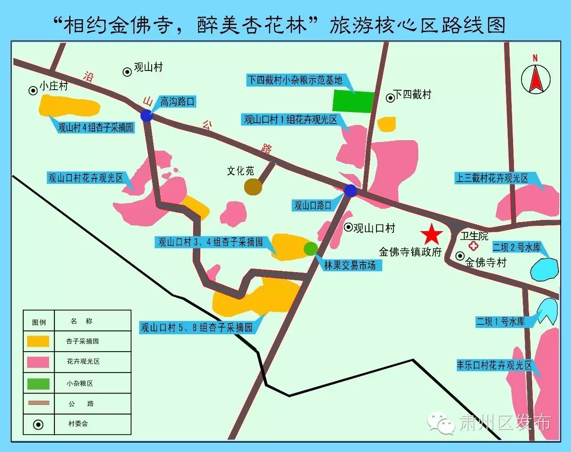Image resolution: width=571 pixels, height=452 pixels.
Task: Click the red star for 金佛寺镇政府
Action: (431, 235)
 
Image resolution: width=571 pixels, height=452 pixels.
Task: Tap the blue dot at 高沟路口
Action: (147, 116)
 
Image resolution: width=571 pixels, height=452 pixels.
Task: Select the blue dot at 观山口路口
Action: (351, 191)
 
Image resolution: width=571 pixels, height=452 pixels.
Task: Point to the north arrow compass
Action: (535, 78)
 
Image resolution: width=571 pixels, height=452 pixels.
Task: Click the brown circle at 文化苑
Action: (253, 187)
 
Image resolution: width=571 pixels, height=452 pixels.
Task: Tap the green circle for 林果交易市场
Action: (310, 249)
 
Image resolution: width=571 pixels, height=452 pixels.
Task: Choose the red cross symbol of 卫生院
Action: (472, 246)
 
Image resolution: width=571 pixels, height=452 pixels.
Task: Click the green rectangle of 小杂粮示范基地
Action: (353, 101)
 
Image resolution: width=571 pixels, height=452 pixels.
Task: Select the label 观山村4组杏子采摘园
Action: (95, 128)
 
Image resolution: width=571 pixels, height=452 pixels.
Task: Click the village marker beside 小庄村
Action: (33, 91)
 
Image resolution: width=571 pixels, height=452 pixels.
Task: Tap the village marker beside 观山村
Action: (127, 71)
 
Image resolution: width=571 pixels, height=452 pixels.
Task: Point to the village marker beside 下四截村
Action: (390, 97)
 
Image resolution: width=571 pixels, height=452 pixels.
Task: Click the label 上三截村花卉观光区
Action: (492, 178)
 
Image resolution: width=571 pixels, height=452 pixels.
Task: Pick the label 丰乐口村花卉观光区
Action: (494, 365)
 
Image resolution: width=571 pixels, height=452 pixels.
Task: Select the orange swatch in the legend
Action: (38, 341)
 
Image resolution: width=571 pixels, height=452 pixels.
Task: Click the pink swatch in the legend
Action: (38, 362)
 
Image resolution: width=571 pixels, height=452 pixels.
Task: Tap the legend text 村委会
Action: (78, 423)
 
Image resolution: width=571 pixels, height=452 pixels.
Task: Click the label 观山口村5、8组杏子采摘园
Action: (197, 328)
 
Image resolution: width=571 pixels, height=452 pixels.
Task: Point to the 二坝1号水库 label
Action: (500, 321)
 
